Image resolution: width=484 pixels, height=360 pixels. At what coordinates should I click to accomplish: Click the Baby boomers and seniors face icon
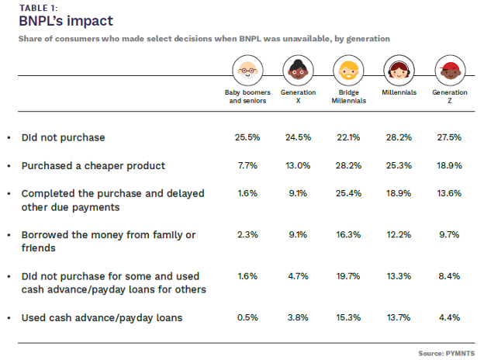click(x=246, y=71)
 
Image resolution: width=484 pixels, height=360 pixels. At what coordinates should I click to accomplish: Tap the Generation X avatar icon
click(x=298, y=71)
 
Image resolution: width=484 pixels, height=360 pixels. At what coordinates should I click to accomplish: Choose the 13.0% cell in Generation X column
click(x=298, y=165)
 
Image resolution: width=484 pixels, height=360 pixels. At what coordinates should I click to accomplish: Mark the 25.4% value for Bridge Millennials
click(x=350, y=194)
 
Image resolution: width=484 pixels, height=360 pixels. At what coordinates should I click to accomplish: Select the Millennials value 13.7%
click(x=399, y=318)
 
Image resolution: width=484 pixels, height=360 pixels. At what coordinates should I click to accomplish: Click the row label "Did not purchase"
click(x=63, y=137)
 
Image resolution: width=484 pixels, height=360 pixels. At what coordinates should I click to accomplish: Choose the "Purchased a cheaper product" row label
click(x=93, y=165)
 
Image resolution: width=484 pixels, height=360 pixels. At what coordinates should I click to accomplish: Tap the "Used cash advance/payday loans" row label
click(x=101, y=318)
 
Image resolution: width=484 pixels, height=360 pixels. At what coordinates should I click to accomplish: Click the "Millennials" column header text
click(x=399, y=92)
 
